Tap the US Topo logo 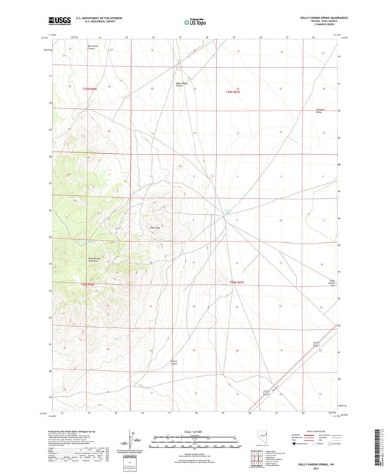click(x=195, y=22)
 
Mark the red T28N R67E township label click(x=232, y=283)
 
